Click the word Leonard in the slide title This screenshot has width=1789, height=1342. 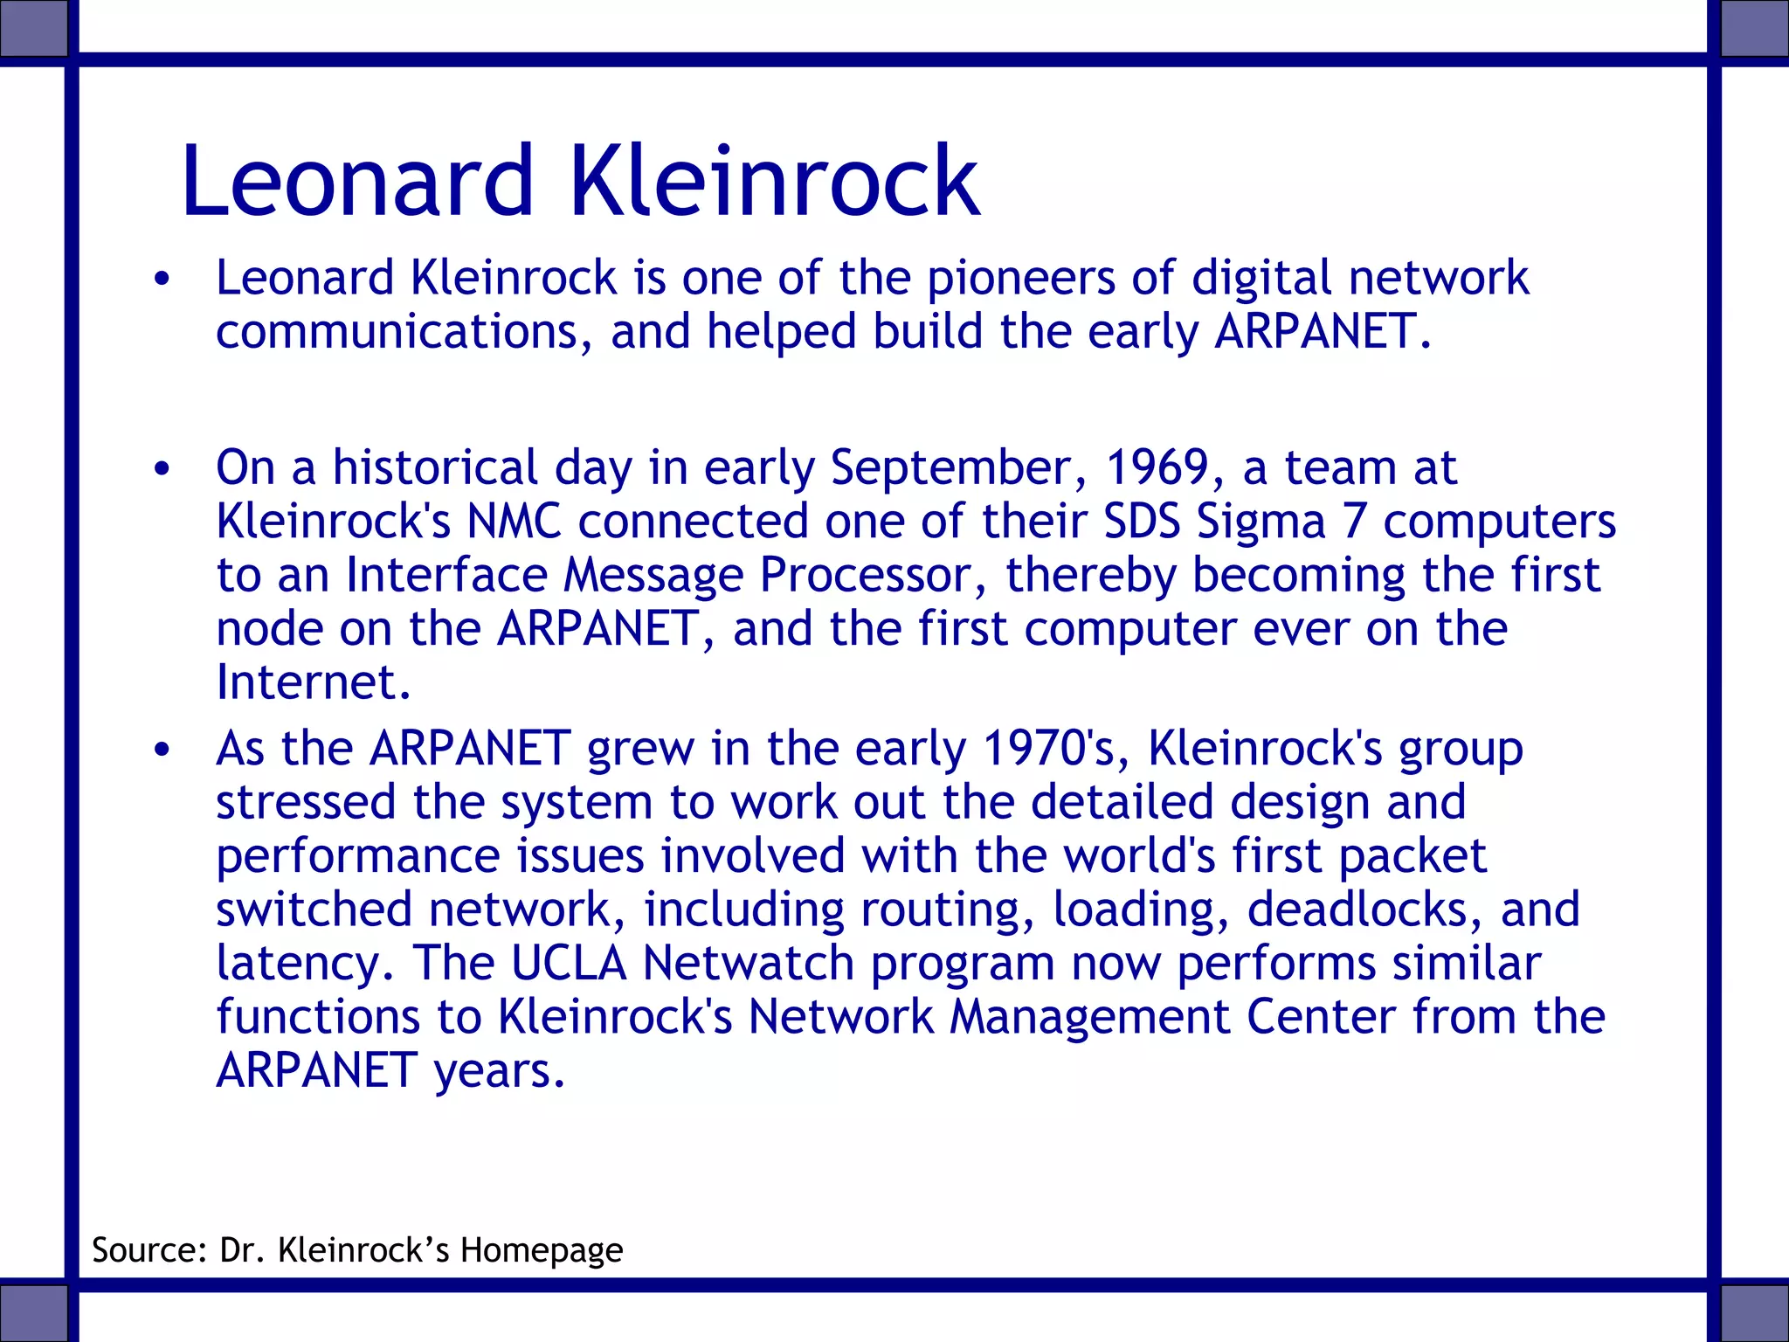click(x=356, y=181)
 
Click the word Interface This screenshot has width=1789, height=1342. click(x=446, y=575)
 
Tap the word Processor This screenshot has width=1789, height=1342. click(x=874, y=575)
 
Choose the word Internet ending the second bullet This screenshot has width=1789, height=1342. click(x=313, y=682)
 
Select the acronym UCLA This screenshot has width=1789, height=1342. click(x=569, y=963)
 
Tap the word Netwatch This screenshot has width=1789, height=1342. click(x=748, y=963)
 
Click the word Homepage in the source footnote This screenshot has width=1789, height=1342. click(x=542, y=1251)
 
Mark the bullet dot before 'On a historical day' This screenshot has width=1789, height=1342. click(x=162, y=469)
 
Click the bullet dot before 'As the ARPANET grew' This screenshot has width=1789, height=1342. click(x=162, y=750)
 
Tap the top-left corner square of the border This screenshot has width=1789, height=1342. click(x=33, y=29)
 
